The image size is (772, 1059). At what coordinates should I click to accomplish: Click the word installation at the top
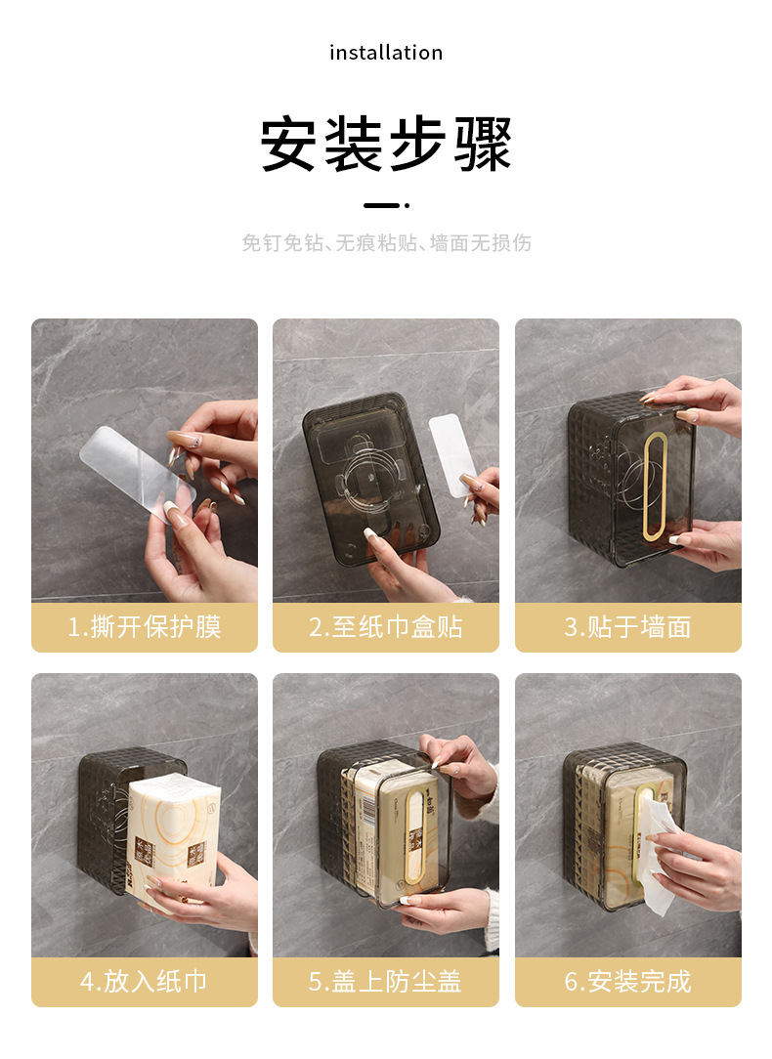(386, 53)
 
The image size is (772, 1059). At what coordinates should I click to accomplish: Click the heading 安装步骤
(386, 145)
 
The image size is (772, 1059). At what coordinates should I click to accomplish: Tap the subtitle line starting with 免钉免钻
(386, 243)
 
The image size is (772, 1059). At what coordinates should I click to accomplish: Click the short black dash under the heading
(382, 205)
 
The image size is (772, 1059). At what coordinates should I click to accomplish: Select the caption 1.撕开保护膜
(145, 627)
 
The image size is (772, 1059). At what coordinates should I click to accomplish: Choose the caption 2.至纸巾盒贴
(386, 627)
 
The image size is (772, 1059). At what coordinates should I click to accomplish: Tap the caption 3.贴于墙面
(627, 627)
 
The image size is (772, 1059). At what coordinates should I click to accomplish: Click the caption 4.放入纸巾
(145, 981)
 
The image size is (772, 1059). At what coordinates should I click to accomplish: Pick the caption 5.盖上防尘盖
(386, 981)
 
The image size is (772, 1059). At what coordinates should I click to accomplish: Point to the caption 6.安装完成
(627, 981)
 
